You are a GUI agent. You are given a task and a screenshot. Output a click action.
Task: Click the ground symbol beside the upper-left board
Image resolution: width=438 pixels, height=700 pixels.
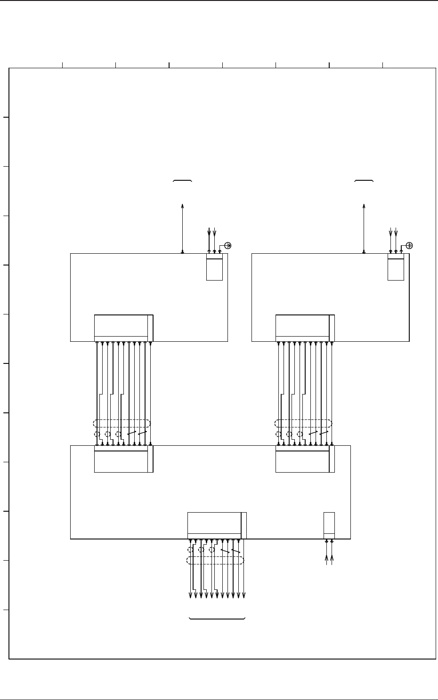(228, 245)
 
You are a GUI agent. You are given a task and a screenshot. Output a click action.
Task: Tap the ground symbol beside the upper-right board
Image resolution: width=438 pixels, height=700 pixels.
(409, 245)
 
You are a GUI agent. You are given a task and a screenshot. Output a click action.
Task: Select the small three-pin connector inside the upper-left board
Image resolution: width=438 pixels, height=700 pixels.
(214, 269)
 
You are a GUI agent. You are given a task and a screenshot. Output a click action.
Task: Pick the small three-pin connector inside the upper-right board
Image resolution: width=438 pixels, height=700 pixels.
(396, 269)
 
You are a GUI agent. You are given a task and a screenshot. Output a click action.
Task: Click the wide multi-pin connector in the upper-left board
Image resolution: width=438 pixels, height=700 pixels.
(123, 328)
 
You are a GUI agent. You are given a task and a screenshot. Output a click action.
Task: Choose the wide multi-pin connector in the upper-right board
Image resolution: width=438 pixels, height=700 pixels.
(305, 328)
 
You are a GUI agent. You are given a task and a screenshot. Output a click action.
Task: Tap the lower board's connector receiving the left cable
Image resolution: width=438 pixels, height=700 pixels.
(123, 459)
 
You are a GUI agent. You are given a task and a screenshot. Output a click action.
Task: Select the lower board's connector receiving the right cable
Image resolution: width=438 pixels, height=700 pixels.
(305, 459)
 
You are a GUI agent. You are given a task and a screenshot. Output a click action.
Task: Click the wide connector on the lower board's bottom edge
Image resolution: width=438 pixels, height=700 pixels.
(217, 525)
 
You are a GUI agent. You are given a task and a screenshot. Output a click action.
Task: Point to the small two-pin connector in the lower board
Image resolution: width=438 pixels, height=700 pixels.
(329, 525)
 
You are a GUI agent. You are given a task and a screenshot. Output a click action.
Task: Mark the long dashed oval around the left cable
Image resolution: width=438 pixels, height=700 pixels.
(122, 423)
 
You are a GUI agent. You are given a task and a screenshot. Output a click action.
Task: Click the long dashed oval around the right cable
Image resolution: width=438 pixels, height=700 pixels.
(303, 423)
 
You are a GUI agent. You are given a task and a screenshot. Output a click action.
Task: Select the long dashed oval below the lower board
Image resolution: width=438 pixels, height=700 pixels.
(215, 560)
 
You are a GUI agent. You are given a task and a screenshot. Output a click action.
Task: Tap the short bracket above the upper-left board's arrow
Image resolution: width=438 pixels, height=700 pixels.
(182, 181)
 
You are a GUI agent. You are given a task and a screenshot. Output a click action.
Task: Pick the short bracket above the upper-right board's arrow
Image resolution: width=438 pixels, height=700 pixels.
(364, 181)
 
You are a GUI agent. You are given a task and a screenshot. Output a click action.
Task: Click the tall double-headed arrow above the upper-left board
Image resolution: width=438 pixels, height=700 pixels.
(182, 228)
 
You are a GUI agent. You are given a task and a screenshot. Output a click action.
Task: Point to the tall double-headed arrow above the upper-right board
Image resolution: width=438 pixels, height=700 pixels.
(364, 228)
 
